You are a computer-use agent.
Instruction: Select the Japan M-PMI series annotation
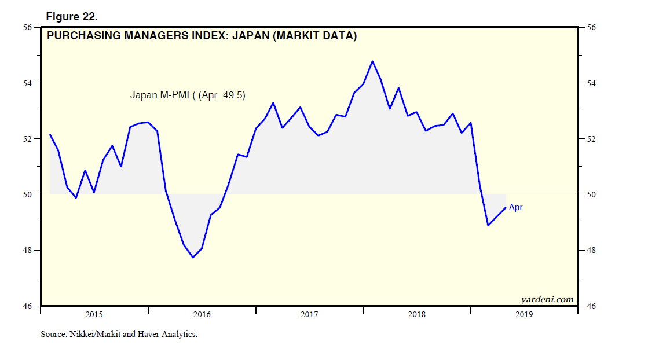coord(187,95)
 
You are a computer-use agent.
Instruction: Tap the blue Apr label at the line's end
coord(515,207)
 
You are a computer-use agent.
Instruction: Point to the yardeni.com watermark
coord(547,299)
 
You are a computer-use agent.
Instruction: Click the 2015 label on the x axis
coord(94,314)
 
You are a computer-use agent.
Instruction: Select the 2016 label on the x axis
coord(202,314)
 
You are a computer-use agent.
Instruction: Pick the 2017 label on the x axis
coord(309,314)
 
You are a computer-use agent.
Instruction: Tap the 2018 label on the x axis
coord(417,314)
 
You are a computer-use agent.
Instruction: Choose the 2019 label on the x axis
coord(524,314)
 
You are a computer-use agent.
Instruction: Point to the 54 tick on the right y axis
coord(592,83)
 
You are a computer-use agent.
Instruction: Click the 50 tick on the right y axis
coord(592,194)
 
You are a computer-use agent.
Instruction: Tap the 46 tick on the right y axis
coord(592,306)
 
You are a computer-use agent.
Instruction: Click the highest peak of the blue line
coord(372,61)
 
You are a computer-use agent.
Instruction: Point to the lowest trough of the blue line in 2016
coord(193,257)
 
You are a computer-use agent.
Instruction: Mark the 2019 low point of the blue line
coord(488,225)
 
